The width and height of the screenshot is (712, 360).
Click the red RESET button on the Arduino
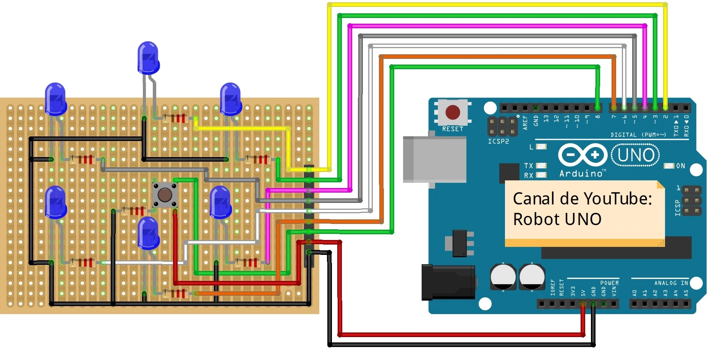pyautogui.click(x=453, y=112)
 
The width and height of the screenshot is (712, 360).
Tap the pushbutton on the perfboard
pyautogui.click(x=165, y=195)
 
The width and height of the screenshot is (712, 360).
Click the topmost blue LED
pyautogui.click(x=148, y=58)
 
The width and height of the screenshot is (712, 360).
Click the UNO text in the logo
pyautogui.click(x=635, y=156)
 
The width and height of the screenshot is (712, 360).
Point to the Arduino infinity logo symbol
pyautogui.click(x=582, y=155)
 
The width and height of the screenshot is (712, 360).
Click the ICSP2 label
pyautogui.click(x=498, y=141)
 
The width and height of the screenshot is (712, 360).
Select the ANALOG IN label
pyautogui.click(x=671, y=283)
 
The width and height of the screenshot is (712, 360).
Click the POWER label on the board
pyautogui.click(x=609, y=283)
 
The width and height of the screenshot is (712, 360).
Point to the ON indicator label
pyautogui.click(x=680, y=166)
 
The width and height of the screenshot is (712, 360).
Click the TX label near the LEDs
pyautogui.click(x=528, y=165)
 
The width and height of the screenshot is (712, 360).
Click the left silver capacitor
pyautogui.click(x=503, y=276)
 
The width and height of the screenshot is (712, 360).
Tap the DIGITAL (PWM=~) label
pyautogui.click(x=638, y=135)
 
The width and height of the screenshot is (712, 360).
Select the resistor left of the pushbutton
pyautogui.click(x=134, y=211)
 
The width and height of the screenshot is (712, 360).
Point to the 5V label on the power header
pyautogui.click(x=583, y=293)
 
